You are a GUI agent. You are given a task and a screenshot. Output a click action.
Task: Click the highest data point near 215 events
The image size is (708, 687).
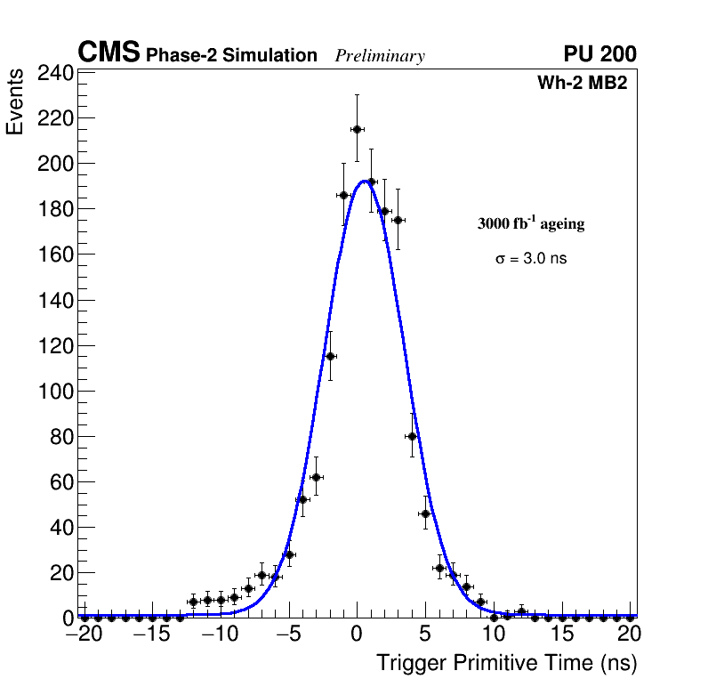pyautogui.click(x=357, y=129)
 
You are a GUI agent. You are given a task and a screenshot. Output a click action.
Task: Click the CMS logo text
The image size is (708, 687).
pyautogui.click(x=109, y=53)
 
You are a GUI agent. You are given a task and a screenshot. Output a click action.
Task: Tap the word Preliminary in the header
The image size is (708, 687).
pyautogui.click(x=380, y=56)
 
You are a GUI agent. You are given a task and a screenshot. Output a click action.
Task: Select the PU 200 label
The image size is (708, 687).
pyautogui.click(x=599, y=54)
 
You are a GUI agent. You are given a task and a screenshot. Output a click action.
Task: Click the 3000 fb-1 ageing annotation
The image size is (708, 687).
pyautogui.click(x=531, y=223)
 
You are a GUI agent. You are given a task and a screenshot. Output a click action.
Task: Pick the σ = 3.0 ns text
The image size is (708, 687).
pyautogui.click(x=531, y=259)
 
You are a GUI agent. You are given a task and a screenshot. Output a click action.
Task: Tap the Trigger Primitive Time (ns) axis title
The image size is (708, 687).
pyautogui.click(x=506, y=663)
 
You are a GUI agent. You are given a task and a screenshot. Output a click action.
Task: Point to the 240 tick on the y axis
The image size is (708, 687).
pyautogui.click(x=54, y=73)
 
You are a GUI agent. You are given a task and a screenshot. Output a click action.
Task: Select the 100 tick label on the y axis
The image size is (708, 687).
pyautogui.click(x=54, y=391)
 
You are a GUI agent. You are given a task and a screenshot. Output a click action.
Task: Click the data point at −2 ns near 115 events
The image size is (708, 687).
pyautogui.click(x=330, y=356)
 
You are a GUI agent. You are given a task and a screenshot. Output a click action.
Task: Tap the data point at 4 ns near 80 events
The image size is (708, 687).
pyautogui.click(x=412, y=436)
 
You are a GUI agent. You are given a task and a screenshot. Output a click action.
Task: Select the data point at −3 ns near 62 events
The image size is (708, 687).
pyautogui.click(x=316, y=477)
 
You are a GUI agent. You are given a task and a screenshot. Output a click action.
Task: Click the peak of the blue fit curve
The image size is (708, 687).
pyautogui.click(x=365, y=181)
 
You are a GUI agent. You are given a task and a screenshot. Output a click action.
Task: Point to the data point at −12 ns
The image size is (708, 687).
pyautogui.click(x=193, y=602)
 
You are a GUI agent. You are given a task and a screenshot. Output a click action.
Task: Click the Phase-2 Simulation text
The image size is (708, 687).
pyautogui.click(x=231, y=56)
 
